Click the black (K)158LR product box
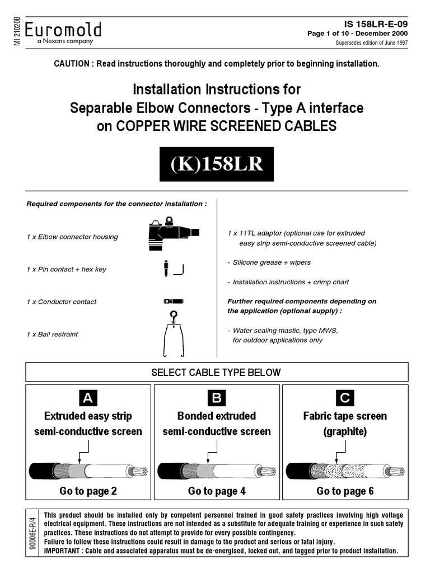(x=217, y=165)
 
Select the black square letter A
(x=88, y=398)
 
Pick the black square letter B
(x=216, y=398)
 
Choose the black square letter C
(x=345, y=398)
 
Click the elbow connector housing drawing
(x=170, y=232)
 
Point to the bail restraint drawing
(x=173, y=334)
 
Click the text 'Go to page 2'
(x=88, y=491)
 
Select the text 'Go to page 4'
(x=217, y=491)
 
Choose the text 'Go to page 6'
(x=345, y=491)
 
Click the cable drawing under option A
(x=88, y=471)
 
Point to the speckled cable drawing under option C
(x=345, y=471)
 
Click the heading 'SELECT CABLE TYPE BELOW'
(x=217, y=372)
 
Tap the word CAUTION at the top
(x=71, y=64)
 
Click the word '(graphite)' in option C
(x=345, y=431)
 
